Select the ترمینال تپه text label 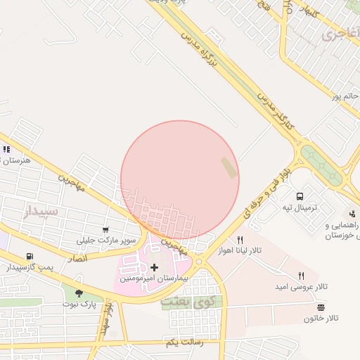point(300,207)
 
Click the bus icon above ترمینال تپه point(300,197)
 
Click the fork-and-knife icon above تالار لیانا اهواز point(239,240)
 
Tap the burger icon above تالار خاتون point(321,307)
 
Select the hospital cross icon point(155,267)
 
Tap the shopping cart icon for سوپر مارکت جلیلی point(105,230)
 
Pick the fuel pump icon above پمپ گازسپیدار point(29,257)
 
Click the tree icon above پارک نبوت point(78,293)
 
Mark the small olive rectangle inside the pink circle point(229,167)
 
